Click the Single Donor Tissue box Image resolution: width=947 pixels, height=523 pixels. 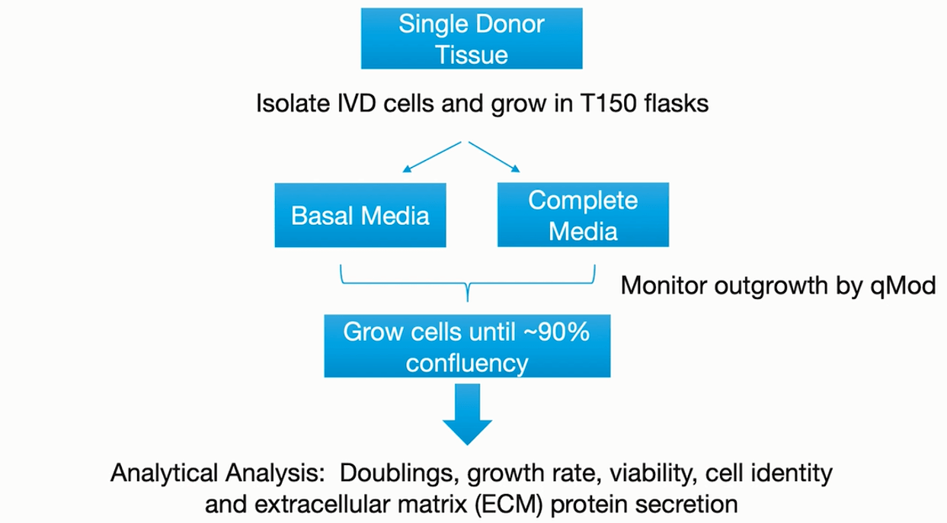pos(472,37)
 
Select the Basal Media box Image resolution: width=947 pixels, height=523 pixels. pos(360,215)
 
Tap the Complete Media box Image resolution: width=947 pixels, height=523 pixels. pos(584,215)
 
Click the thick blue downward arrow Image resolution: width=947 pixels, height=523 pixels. pos(466,412)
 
